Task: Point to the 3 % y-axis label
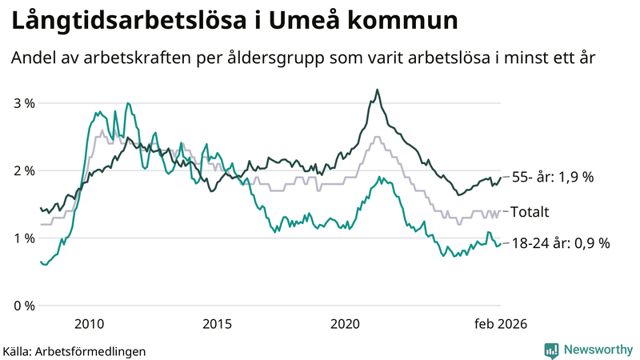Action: tap(24, 103)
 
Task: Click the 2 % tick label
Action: tap(24, 170)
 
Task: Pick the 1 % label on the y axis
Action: tap(24, 238)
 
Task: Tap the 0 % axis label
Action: tap(24, 306)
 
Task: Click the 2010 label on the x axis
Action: tap(89, 324)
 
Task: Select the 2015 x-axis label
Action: tap(217, 324)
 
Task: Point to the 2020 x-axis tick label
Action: tap(346, 324)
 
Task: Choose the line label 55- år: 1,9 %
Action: tap(552, 178)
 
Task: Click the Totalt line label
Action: tap(531, 212)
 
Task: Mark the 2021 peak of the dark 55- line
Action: tap(377, 90)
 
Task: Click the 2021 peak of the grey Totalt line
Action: tap(377, 137)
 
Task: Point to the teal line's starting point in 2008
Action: tap(41, 262)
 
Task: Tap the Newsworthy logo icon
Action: tap(551, 350)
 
